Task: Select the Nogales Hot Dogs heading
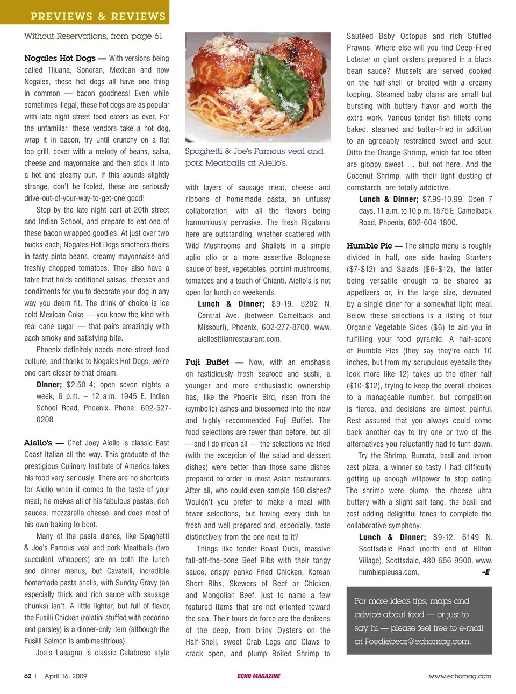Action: tap(60, 58)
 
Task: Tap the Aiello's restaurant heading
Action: tap(38, 443)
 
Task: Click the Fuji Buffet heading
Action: tap(207, 362)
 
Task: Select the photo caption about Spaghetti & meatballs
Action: tap(254, 157)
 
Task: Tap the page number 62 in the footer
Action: tap(28, 676)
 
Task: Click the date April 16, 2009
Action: tap(66, 676)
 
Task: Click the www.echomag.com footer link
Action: tap(460, 676)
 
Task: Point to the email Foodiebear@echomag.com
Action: tap(417, 641)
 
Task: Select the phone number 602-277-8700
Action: tap(283, 327)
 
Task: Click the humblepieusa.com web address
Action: tap(389, 572)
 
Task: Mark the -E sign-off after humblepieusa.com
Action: tap(486, 572)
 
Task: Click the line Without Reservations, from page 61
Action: tap(93, 36)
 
